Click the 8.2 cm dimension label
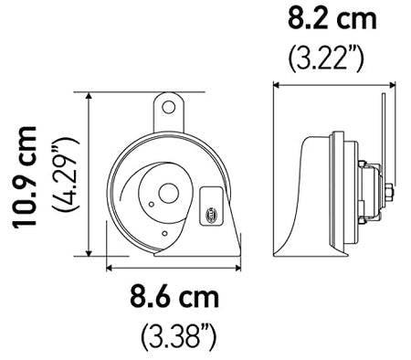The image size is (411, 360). click(332, 18)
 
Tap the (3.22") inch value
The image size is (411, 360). click(326, 58)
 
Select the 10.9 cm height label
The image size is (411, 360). click(25, 176)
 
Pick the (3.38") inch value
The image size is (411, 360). click(179, 337)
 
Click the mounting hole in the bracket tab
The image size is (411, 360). click(168, 107)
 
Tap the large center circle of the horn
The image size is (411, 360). click(168, 193)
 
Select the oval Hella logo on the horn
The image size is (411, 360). click(211, 214)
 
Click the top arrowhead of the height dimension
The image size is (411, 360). click(89, 96)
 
